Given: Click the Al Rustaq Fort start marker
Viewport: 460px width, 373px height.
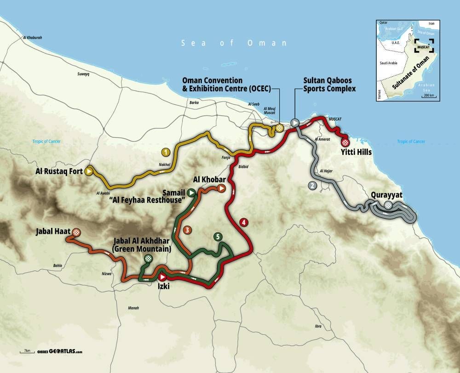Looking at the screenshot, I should click(x=89, y=171).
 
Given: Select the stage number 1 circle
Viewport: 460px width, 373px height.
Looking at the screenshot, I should click(x=164, y=151).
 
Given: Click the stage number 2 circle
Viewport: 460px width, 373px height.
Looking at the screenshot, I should click(x=312, y=186).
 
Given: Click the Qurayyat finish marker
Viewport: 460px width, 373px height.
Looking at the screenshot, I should click(x=389, y=205).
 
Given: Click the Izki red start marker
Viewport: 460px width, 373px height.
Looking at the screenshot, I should click(x=161, y=277).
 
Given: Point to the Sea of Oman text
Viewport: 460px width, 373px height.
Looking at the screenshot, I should click(x=234, y=43).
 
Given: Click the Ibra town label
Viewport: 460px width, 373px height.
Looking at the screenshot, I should click(x=317, y=326).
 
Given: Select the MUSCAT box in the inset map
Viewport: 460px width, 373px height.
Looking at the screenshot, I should click(x=423, y=47).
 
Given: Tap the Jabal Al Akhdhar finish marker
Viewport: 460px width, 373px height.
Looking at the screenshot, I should click(x=148, y=259).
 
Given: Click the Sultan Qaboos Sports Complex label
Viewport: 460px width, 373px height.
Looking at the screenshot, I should click(x=329, y=85).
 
